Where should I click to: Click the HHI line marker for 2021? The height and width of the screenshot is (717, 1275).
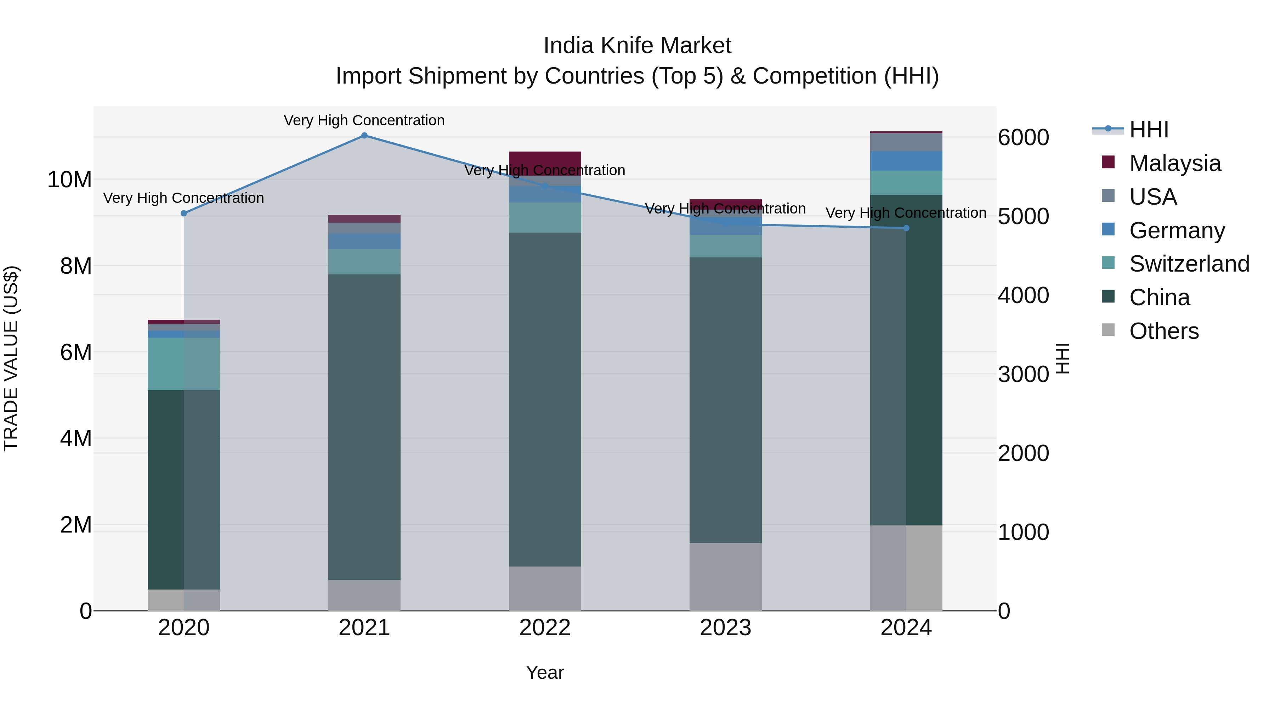click(x=364, y=136)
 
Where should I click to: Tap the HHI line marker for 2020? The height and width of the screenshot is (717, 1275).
click(x=183, y=213)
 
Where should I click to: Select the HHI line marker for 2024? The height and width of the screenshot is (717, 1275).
click(x=906, y=228)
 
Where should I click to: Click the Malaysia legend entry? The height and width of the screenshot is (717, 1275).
click(x=1174, y=163)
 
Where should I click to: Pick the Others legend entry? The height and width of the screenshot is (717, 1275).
click(x=1164, y=331)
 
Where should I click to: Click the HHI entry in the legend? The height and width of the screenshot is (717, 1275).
click(x=1148, y=130)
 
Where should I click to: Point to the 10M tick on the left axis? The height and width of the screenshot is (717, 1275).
click(x=69, y=180)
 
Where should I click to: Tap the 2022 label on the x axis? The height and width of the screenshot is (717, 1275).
click(x=545, y=628)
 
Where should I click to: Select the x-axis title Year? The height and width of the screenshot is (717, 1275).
click(x=545, y=672)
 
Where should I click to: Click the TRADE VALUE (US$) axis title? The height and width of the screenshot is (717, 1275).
click(x=11, y=358)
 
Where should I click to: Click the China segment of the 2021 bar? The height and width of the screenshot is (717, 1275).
click(x=364, y=427)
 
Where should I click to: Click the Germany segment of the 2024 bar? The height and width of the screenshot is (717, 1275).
click(x=906, y=161)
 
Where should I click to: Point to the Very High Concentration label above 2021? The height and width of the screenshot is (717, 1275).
click(x=364, y=120)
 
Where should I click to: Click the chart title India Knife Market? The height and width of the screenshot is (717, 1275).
click(x=637, y=46)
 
